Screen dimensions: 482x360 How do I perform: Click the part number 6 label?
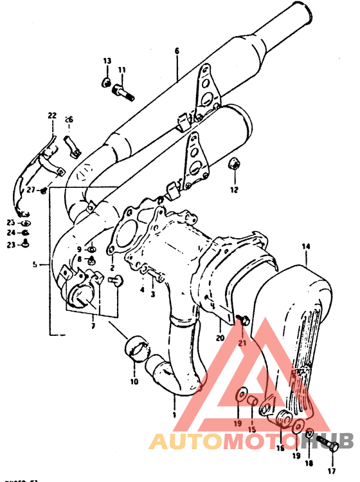pos(177,51)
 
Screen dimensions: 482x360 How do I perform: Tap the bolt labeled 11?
pos(123,92)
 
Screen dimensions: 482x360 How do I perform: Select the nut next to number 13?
pos(106,82)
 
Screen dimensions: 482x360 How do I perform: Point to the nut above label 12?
pos(235,166)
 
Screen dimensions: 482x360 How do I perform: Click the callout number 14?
pos(305,246)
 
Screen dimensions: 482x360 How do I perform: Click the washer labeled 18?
pos(310,435)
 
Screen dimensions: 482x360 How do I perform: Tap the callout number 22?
pos(52,116)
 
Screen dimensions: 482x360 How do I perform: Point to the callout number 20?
pos(219,337)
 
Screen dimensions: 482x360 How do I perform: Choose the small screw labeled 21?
pos(242,319)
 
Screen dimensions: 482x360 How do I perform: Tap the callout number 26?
pos(69,119)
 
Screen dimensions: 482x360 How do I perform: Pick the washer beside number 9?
pos(91,248)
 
